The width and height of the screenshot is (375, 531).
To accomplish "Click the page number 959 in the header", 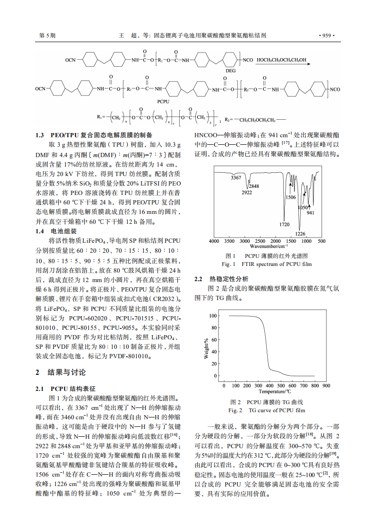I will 327,35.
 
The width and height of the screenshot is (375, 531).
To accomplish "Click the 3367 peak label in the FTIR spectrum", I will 236,177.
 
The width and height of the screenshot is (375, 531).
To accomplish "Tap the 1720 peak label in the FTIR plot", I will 284,224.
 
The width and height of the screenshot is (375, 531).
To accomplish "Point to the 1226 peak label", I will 300,233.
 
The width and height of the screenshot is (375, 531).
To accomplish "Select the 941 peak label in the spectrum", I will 310,212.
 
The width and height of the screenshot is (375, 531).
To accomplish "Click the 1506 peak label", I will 291,197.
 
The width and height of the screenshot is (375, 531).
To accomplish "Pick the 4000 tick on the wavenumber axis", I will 214,241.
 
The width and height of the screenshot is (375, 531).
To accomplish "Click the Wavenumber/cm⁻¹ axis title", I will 269,246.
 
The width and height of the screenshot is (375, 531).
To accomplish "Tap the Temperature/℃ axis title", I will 275,391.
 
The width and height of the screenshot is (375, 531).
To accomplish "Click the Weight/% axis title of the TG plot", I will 206,348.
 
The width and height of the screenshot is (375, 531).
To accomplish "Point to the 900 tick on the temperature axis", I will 326,386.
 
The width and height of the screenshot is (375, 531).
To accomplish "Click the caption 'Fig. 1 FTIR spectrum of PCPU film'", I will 267,264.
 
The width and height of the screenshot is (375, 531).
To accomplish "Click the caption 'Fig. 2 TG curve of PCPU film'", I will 267,410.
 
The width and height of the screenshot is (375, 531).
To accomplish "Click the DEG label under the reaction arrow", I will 230,70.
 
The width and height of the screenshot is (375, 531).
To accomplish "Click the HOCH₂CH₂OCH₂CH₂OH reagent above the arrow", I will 281,60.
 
